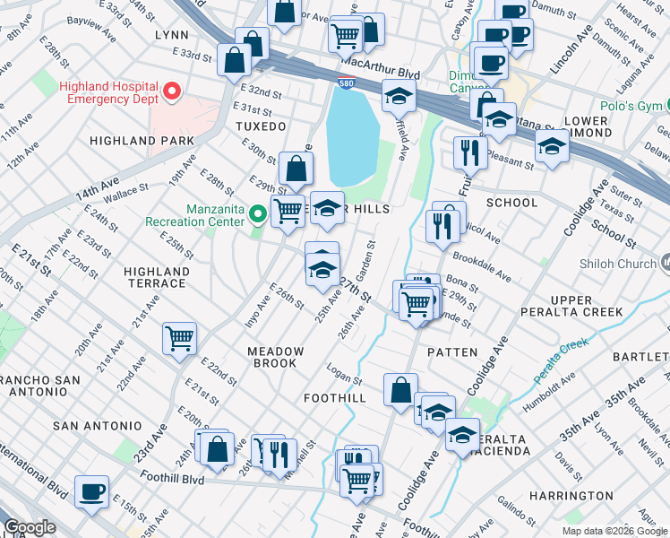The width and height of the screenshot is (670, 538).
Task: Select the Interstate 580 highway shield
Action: (346, 83)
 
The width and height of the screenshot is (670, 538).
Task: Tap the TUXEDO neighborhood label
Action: (261, 126)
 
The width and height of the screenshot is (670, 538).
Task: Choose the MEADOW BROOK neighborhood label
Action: (276, 357)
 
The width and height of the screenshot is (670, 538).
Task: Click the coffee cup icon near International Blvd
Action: (91, 492)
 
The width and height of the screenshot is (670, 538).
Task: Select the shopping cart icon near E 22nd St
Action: (179, 339)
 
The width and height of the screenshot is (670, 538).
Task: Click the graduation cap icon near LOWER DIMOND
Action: (553, 145)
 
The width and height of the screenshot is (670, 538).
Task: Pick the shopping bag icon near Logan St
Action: (400, 389)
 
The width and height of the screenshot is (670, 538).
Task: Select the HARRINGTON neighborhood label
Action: (571, 495)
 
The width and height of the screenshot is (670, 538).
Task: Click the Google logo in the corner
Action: (30, 527)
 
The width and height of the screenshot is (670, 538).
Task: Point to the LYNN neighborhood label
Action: (171, 34)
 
